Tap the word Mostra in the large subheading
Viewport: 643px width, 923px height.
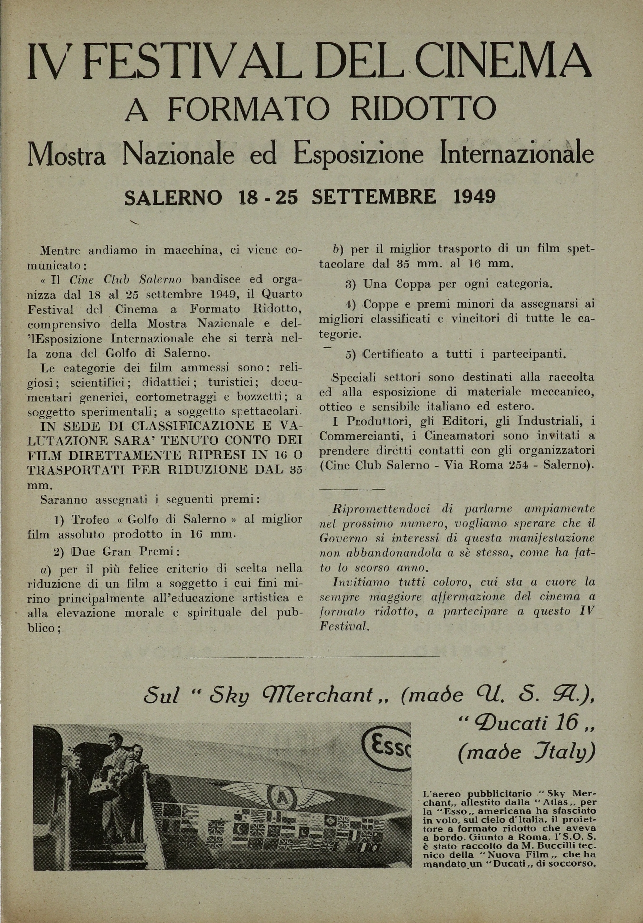(66, 155)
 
